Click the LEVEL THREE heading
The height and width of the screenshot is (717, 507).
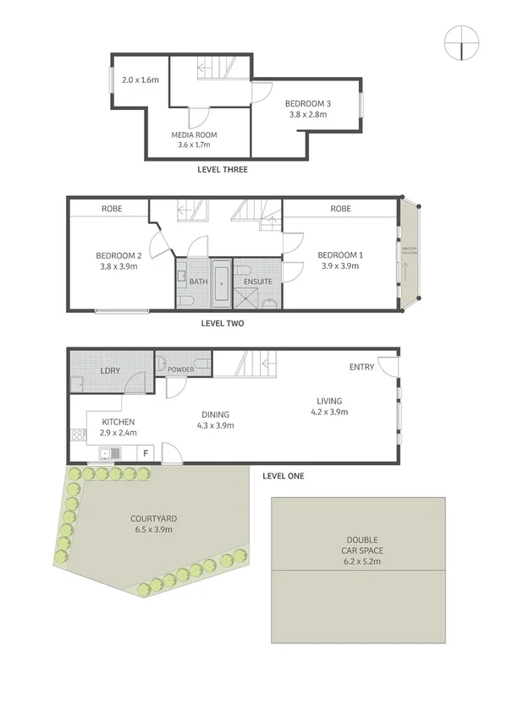click(222, 170)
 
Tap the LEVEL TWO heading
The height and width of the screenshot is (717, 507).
click(223, 322)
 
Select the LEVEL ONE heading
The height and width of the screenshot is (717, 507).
click(283, 476)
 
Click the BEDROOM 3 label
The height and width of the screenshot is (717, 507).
click(307, 104)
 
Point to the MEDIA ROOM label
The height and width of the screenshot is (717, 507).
click(195, 134)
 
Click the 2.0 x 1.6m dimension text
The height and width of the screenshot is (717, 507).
click(141, 80)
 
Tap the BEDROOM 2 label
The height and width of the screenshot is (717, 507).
click(117, 255)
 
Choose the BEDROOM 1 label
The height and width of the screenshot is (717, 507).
click(339, 255)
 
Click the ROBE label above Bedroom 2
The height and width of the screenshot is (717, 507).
click(113, 209)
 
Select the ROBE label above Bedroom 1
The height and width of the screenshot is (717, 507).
click(341, 209)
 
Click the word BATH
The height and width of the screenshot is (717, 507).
click(199, 282)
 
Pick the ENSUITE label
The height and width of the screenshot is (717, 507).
click(258, 282)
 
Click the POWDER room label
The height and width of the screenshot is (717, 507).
click(181, 369)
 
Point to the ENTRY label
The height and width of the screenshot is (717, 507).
click(361, 367)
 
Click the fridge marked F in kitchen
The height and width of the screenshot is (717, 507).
click(146, 454)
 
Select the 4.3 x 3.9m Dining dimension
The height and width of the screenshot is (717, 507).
click(217, 425)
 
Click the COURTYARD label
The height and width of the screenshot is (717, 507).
click(152, 518)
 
